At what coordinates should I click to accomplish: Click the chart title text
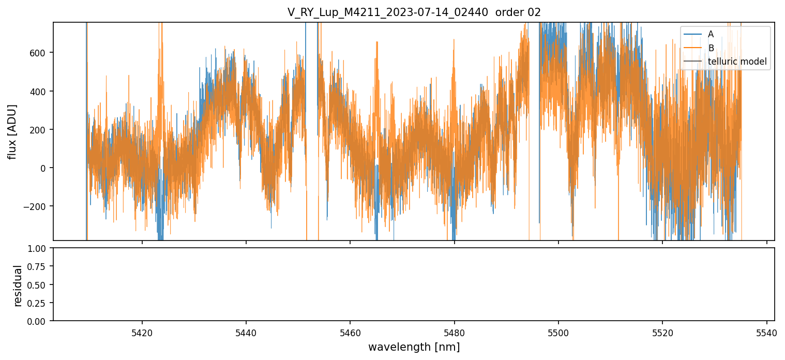click(x=414, y=12)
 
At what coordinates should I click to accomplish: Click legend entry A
click(x=711, y=34)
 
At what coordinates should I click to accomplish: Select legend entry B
click(x=711, y=48)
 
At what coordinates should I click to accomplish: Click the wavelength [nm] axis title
click(x=414, y=347)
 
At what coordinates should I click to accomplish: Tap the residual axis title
click(x=18, y=285)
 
